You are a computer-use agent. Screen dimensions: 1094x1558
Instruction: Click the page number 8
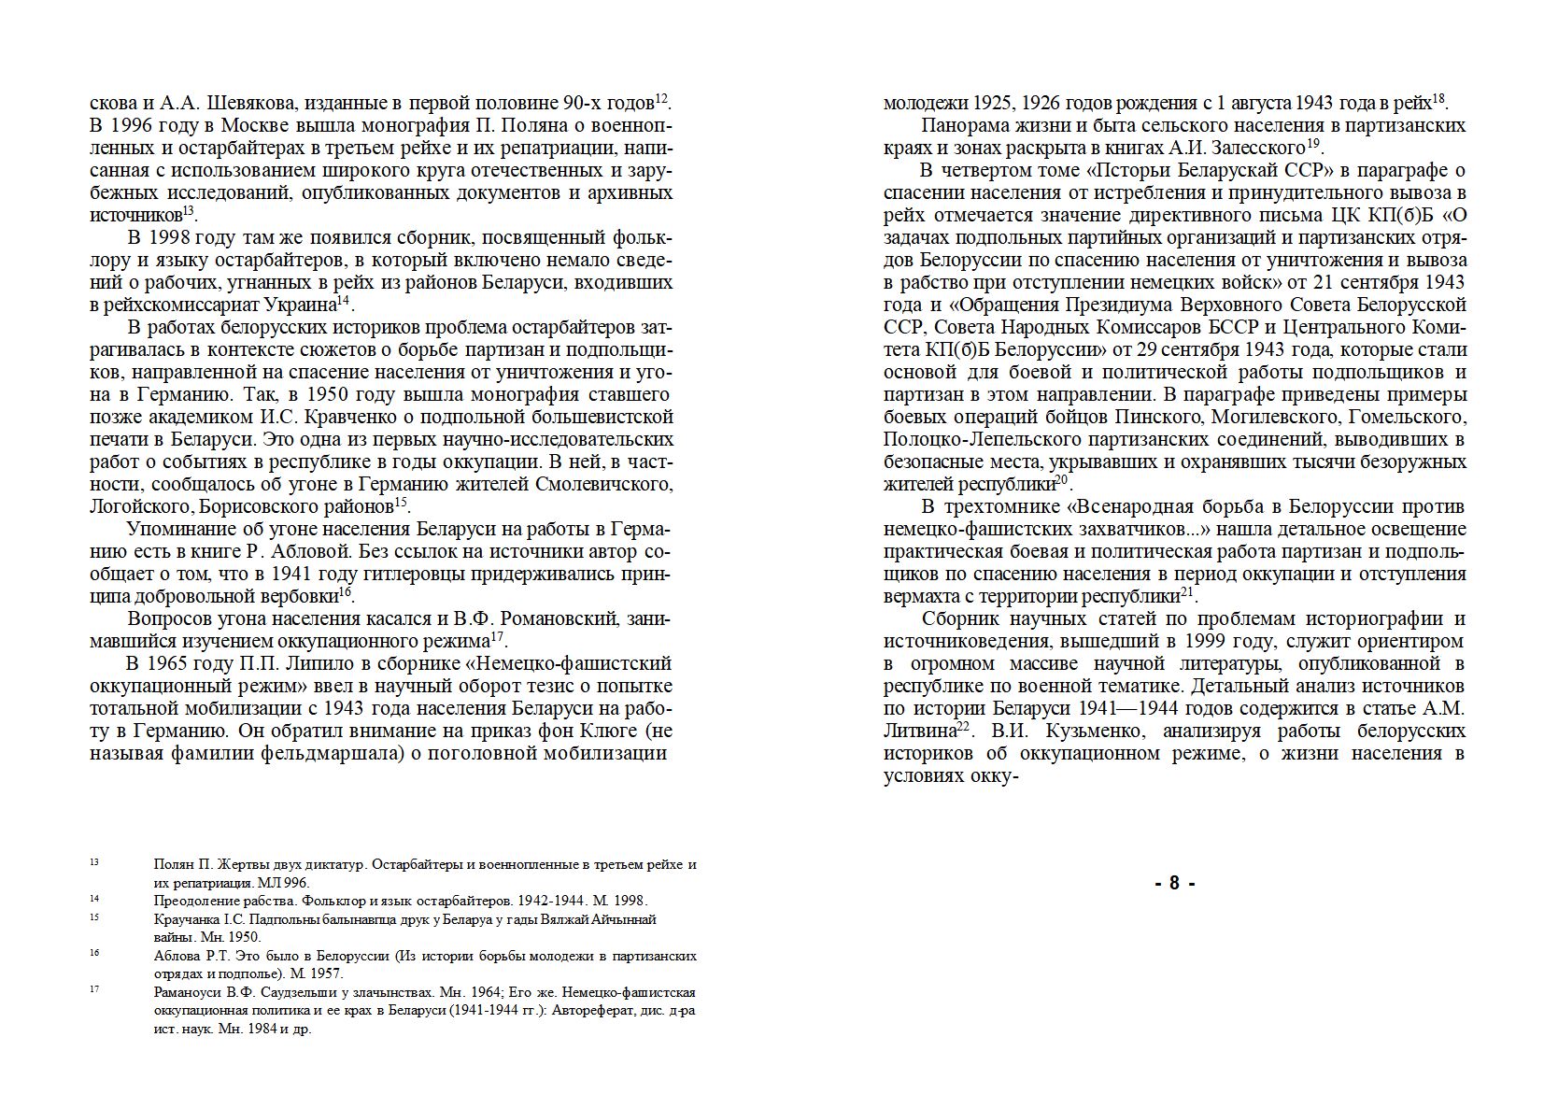pyautogui.click(x=1174, y=883)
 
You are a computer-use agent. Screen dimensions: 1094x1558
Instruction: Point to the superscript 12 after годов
pyautogui.click(x=661, y=98)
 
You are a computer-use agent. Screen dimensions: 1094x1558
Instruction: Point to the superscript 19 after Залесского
pyautogui.click(x=1312, y=143)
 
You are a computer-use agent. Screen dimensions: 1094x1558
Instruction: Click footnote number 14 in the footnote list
pyautogui.click(x=94, y=899)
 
